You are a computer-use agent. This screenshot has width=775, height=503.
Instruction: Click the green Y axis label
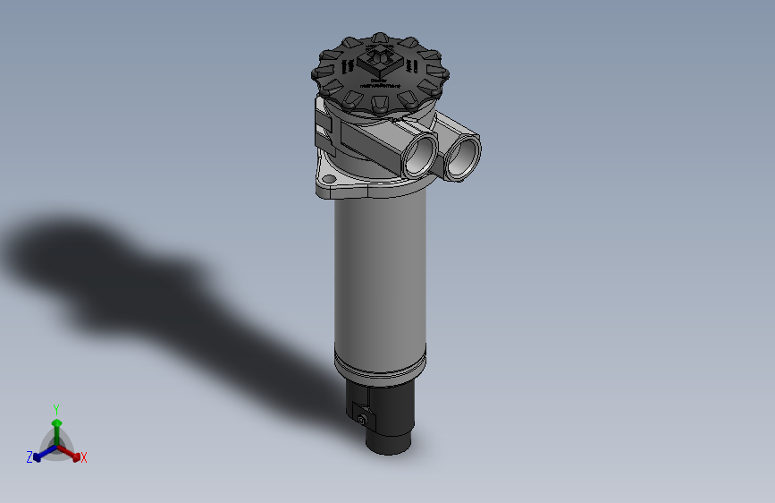(56, 407)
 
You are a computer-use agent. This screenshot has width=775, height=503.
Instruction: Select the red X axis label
(84, 458)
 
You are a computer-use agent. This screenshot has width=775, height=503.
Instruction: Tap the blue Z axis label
(29, 457)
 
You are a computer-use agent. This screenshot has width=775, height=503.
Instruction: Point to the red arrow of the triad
(72, 452)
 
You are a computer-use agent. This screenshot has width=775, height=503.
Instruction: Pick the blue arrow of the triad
(41, 454)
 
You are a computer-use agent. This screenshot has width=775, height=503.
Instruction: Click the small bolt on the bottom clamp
(361, 419)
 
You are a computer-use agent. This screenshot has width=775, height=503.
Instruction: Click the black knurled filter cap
(379, 75)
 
